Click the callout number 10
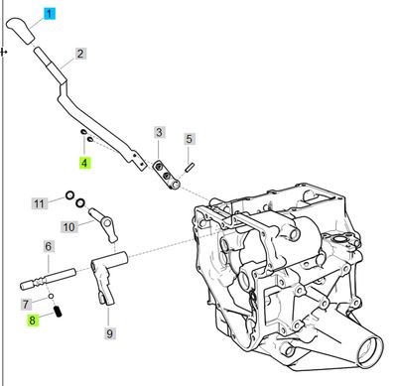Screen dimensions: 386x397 click(68, 226)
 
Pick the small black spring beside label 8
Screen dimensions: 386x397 click(60, 314)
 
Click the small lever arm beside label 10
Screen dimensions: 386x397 click(100, 218)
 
